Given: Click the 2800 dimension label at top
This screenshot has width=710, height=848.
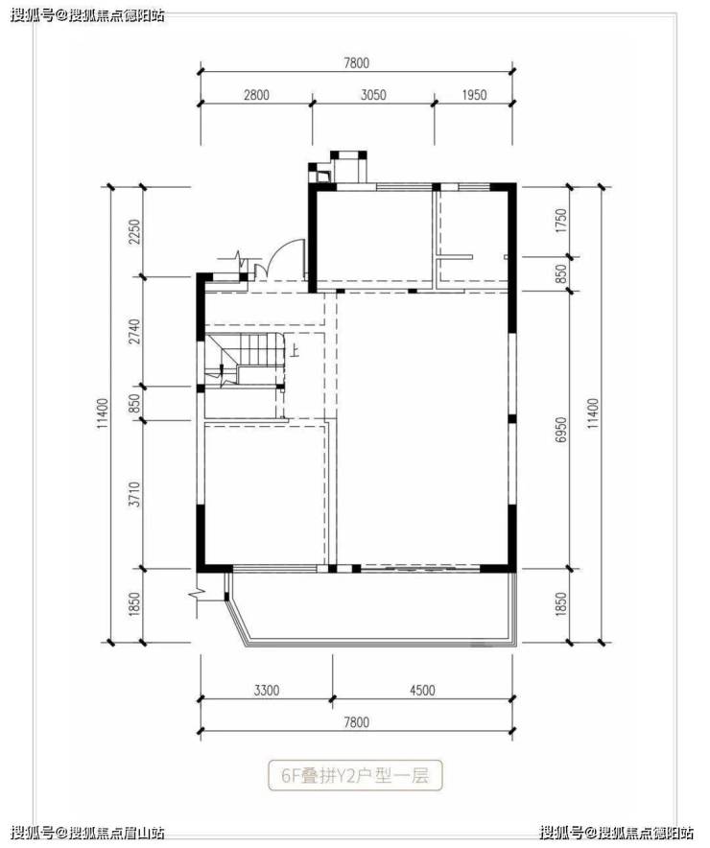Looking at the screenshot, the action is tap(256, 95).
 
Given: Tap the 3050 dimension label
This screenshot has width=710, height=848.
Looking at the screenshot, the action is tap(373, 95).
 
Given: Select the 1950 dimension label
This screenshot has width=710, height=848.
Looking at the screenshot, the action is tap(474, 95).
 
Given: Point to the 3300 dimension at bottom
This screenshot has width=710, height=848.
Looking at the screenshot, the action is tap(267, 690).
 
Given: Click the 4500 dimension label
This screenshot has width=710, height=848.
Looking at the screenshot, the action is tap(422, 690).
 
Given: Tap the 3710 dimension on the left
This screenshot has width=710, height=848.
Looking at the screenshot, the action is tap(134, 494).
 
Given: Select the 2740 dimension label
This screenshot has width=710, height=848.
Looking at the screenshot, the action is tap(134, 332).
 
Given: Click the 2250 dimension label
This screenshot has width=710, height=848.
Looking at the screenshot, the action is tap(134, 231).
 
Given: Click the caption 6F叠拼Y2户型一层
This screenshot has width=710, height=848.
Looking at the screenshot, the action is tap(355, 776).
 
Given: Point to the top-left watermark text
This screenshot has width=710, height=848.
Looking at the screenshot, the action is tap(87, 15).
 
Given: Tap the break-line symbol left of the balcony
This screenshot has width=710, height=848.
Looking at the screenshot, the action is tap(199, 593).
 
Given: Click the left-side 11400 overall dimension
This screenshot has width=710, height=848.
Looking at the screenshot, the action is tap(104, 414).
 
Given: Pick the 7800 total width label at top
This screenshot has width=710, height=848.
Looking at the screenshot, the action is tap(356, 63).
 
